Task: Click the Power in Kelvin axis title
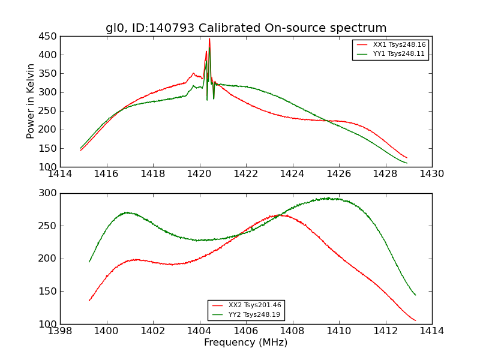31,101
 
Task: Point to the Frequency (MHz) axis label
246,343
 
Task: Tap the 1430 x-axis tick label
432,174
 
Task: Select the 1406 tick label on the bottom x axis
246,331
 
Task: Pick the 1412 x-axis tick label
385,331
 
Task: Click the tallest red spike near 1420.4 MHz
209,40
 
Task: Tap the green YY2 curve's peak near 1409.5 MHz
327,198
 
